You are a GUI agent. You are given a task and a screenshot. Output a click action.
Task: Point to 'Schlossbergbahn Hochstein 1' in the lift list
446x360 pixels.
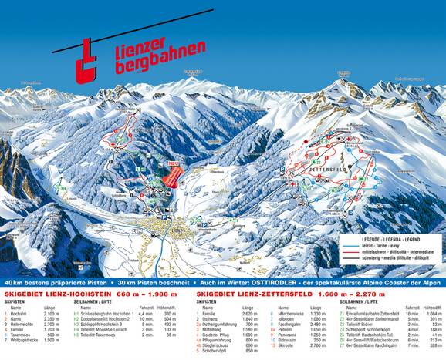point(109,314)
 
